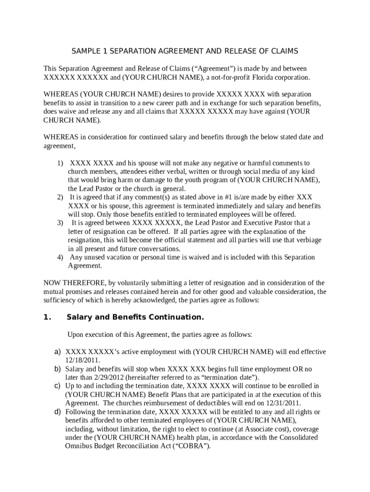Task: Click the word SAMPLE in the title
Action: (x=85, y=51)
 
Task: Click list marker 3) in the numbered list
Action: (x=60, y=223)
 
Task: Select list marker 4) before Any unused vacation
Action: (x=60, y=257)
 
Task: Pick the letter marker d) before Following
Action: (x=57, y=412)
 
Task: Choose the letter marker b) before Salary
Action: (x=57, y=369)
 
